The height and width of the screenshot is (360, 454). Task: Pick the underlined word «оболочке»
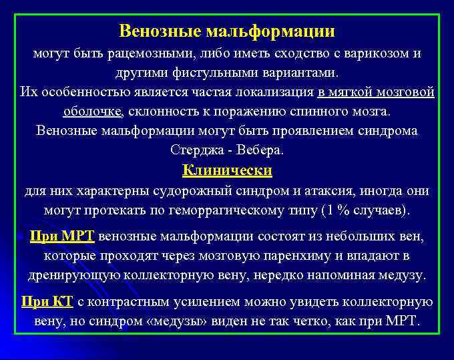tap(93, 111)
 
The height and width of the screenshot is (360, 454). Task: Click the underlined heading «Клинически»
tap(227, 170)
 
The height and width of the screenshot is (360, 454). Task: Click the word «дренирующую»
tap(74, 275)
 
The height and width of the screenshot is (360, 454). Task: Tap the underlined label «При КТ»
tap(47, 301)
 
